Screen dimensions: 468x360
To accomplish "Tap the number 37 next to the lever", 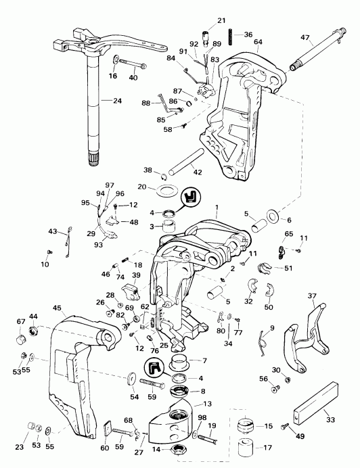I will point(312,296).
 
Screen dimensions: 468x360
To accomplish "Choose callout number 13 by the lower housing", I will point(207,403).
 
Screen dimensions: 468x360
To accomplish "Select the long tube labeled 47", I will point(313,55).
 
